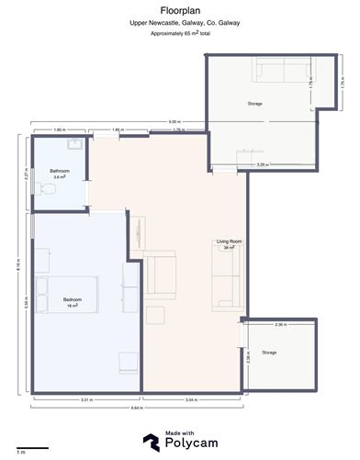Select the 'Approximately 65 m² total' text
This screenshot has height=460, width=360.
coord(179,33)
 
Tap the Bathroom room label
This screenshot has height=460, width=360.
coord(61,171)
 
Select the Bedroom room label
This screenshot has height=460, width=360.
coord(73,298)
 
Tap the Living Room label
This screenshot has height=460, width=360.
coord(227,242)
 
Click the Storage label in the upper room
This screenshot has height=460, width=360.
coord(254,104)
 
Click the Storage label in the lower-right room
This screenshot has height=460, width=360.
coord(269,353)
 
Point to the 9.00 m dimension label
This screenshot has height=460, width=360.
coord(174,122)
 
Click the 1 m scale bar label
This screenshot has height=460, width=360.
coord(20,454)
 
